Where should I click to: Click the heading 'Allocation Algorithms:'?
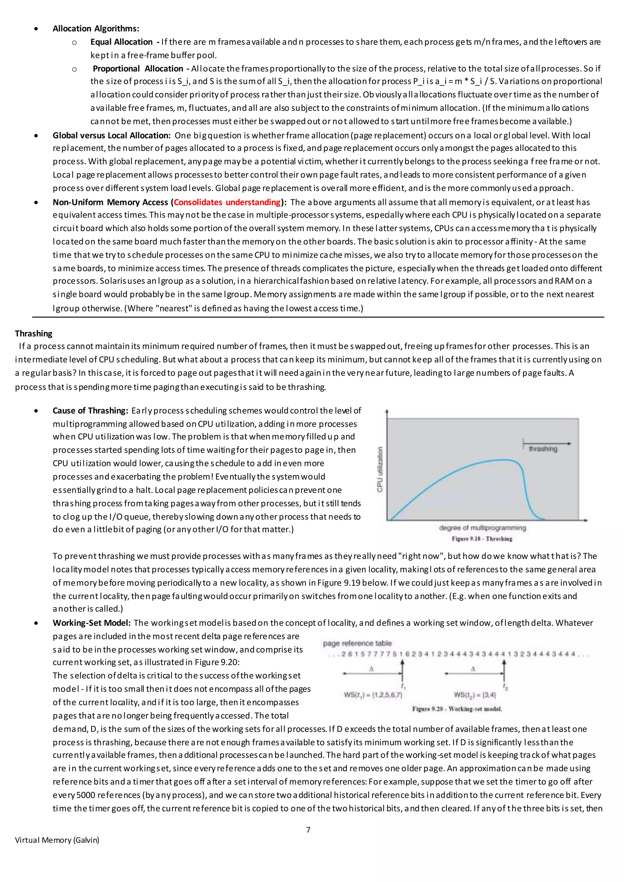point(96,28)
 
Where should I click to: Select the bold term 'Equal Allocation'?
point(122,42)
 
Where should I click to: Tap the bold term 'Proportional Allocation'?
point(138,69)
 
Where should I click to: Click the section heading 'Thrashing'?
point(34,333)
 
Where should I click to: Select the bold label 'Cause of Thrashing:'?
point(90,410)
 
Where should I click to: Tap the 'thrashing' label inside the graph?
point(543,449)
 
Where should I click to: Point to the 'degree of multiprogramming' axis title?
point(482,528)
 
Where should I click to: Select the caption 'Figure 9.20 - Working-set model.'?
point(457,709)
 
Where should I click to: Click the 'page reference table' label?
point(357,643)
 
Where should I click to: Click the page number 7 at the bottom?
point(308,829)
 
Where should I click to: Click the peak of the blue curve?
point(503,460)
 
